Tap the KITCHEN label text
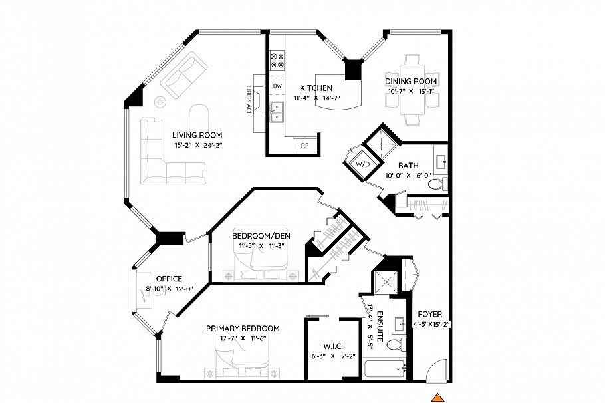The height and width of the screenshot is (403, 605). click(316, 88)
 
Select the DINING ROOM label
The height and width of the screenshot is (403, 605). click(411, 81)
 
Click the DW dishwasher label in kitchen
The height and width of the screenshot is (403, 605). click(277, 86)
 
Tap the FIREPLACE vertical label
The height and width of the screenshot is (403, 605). click(249, 100)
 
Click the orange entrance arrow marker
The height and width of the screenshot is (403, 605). click(437, 398)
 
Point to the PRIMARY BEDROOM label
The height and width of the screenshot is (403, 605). click(242, 329)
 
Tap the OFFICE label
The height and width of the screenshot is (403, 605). click(168, 279)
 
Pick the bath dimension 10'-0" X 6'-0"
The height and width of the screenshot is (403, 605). click(407, 176)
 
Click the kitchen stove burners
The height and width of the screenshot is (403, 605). click(277, 61)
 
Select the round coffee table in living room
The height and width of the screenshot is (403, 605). click(161, 102)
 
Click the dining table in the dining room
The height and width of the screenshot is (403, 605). click(412, 97)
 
